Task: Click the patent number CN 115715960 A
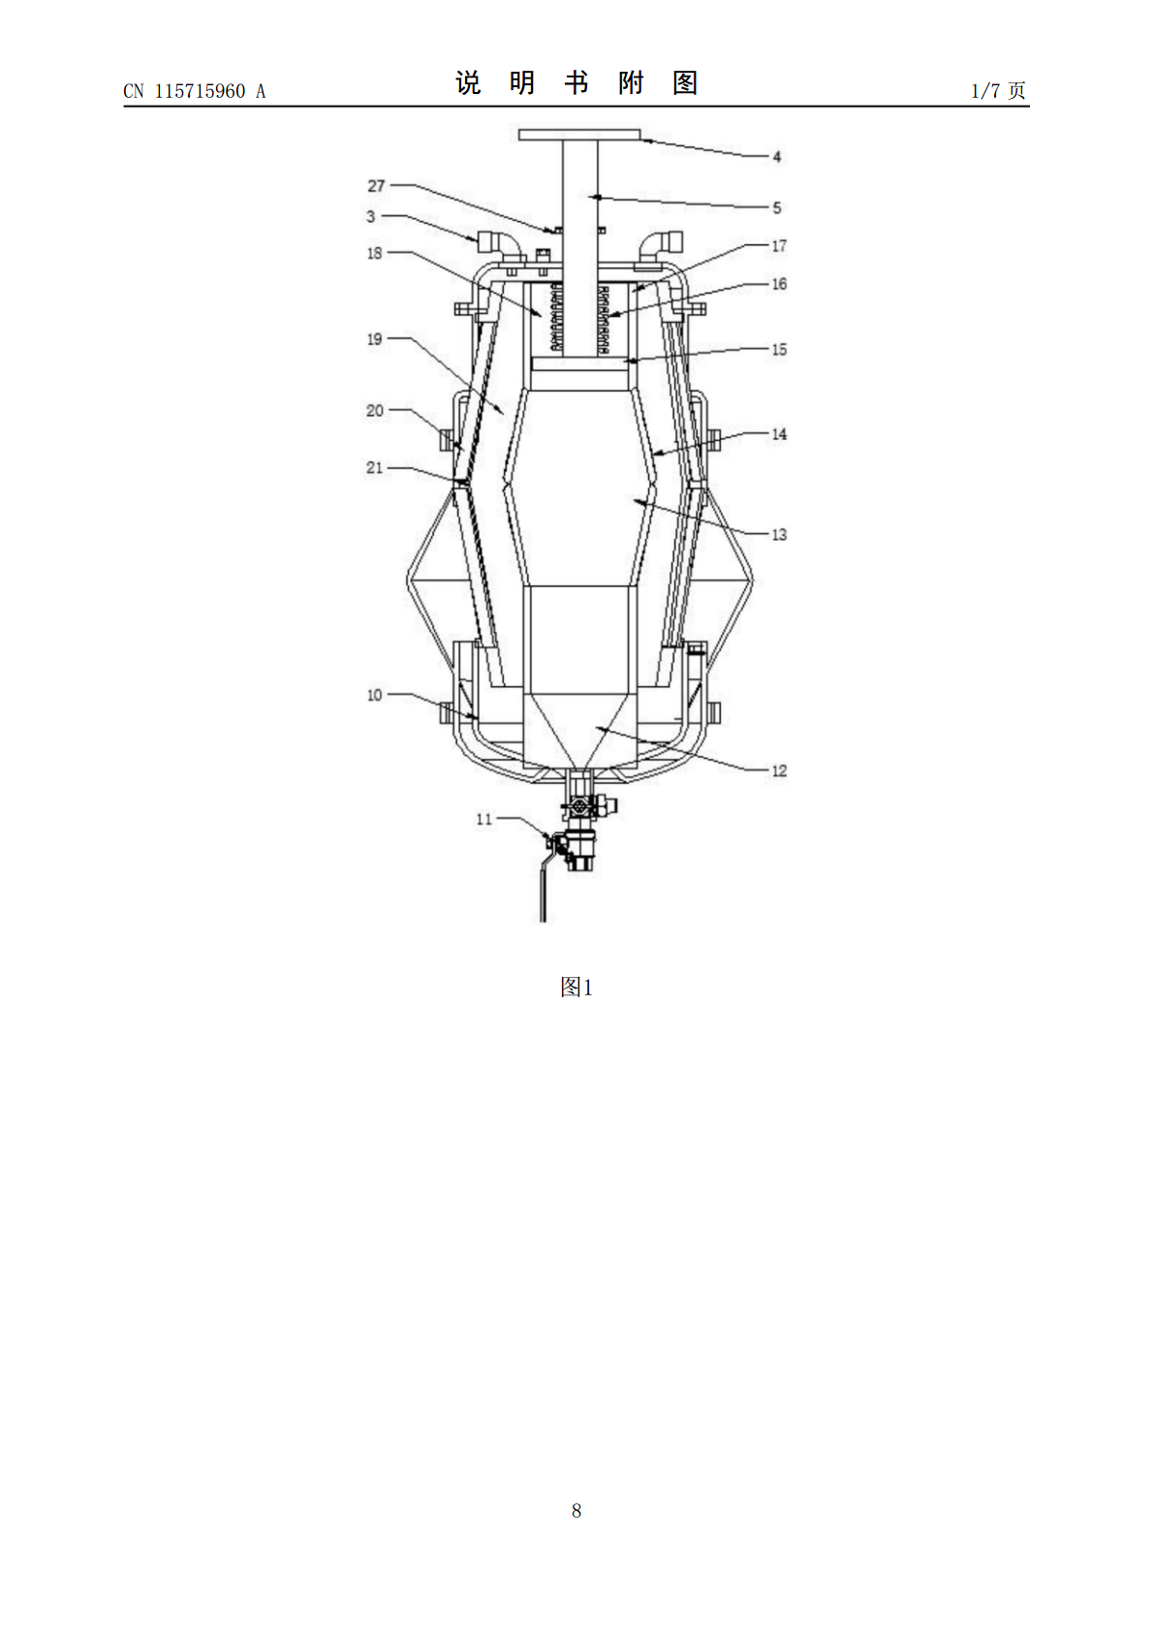point(194,91)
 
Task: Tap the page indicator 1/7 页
point(998,91)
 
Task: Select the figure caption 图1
point(576,988)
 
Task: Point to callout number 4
point(777,157)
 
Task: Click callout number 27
point(376,186)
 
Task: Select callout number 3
point(371,216)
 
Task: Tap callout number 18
point(374,253)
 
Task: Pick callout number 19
point(374,339)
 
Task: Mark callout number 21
point(374,468)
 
